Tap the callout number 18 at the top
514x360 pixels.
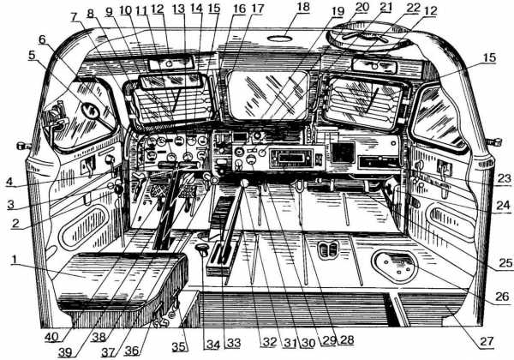[279, 7]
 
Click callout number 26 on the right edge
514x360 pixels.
[502, 297]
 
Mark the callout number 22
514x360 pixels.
[415, 7]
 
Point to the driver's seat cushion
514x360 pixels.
[120, 274]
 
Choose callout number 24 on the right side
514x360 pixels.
[502, 205]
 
